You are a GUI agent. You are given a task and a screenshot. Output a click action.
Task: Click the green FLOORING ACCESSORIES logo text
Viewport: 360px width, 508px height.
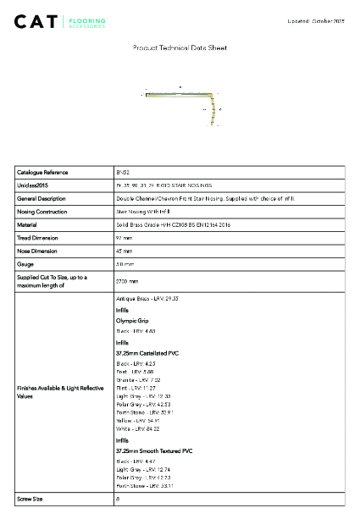87,22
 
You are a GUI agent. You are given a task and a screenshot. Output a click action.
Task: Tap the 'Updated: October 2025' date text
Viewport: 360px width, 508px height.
318,19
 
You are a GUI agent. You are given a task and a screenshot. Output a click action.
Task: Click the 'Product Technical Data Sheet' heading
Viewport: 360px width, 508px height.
180,48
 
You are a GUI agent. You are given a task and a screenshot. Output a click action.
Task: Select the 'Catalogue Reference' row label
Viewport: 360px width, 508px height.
42,172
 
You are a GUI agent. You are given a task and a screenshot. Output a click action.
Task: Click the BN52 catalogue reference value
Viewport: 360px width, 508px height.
122,172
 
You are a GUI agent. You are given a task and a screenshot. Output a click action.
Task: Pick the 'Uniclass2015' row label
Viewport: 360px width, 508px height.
33,185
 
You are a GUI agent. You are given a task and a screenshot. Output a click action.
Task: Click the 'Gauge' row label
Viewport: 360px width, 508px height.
25,265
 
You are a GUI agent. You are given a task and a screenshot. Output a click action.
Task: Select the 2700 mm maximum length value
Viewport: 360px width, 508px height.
126,281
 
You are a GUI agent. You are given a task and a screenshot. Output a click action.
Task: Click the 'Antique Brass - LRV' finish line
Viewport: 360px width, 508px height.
147,300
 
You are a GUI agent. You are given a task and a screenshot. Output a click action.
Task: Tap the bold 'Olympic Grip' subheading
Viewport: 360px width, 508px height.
131,321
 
